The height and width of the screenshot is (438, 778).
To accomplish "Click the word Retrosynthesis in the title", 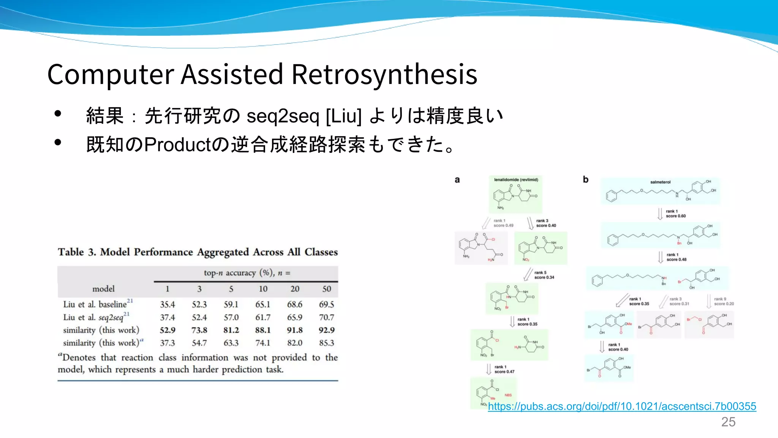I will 384,74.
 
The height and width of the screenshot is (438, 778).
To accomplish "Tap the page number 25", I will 728,422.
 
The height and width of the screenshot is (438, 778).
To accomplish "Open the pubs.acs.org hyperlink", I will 622,406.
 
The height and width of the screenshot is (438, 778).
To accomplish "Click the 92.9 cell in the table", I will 326,330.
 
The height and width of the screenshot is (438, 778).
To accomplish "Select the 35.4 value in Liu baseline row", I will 167,305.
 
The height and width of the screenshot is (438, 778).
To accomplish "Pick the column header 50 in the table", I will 326,289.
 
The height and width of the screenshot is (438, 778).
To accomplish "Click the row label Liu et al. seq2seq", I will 93,317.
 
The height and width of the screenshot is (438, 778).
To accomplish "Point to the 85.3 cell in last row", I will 326,343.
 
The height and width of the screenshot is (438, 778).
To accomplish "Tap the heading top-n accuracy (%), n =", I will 247,273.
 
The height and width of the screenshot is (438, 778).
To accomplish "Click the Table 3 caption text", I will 198,252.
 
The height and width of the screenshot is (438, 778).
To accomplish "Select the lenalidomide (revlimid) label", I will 516,179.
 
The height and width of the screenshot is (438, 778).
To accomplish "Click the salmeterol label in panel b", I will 660,182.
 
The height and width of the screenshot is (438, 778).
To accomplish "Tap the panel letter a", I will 457,180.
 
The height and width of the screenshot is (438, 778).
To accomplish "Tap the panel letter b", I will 585,179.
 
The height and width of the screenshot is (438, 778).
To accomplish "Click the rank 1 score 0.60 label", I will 675,214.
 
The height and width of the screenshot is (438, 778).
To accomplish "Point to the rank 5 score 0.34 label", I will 544,275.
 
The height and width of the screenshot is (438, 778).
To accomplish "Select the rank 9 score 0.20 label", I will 723,302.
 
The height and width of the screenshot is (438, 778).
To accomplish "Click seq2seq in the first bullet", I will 283,116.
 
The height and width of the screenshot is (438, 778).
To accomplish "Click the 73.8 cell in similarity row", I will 199,330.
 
